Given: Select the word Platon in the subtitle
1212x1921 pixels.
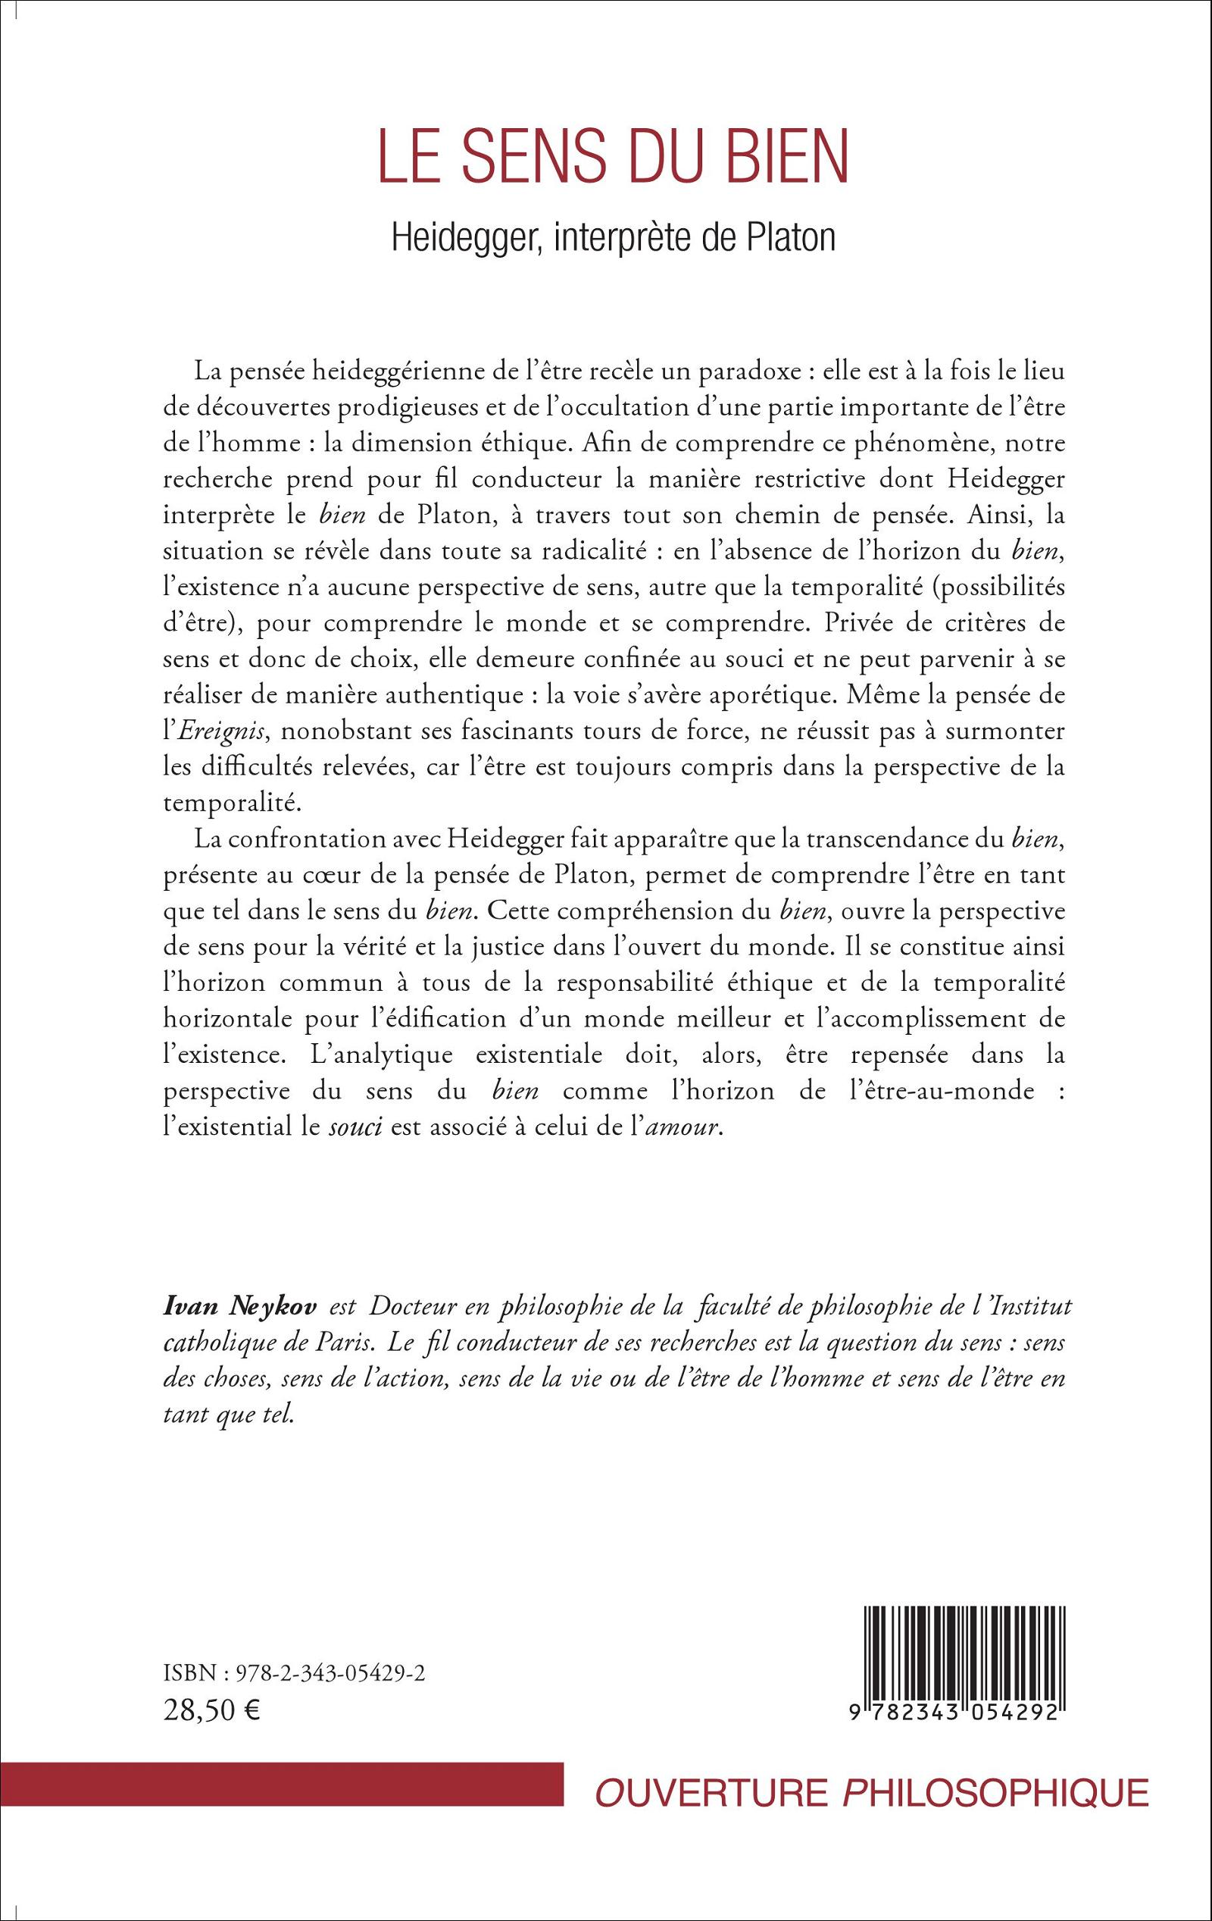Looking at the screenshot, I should pyautogui.click(x=790, y=240).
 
